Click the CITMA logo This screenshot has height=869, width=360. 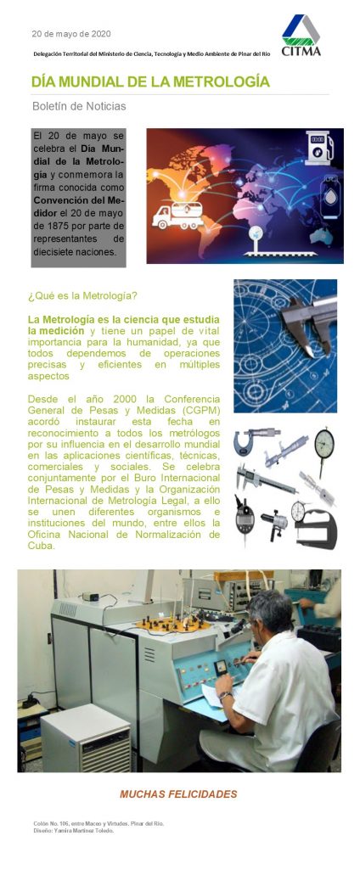coord(301,35)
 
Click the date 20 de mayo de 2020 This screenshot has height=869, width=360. coord(71,34)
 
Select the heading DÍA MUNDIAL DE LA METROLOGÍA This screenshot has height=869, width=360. coord(150,82)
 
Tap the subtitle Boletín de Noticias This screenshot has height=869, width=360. coord(79,106)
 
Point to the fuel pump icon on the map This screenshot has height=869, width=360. coord(319,148)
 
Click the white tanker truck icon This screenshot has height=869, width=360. coord(177,215)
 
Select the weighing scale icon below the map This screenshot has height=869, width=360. coord(255,240)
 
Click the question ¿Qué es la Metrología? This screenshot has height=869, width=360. coord(82,296)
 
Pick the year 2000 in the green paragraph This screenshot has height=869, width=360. coord(124,399)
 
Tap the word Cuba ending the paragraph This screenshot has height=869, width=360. coord(41,546)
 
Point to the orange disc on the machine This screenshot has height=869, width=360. coord(172,624)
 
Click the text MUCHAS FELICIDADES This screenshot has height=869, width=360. coord(178,794)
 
